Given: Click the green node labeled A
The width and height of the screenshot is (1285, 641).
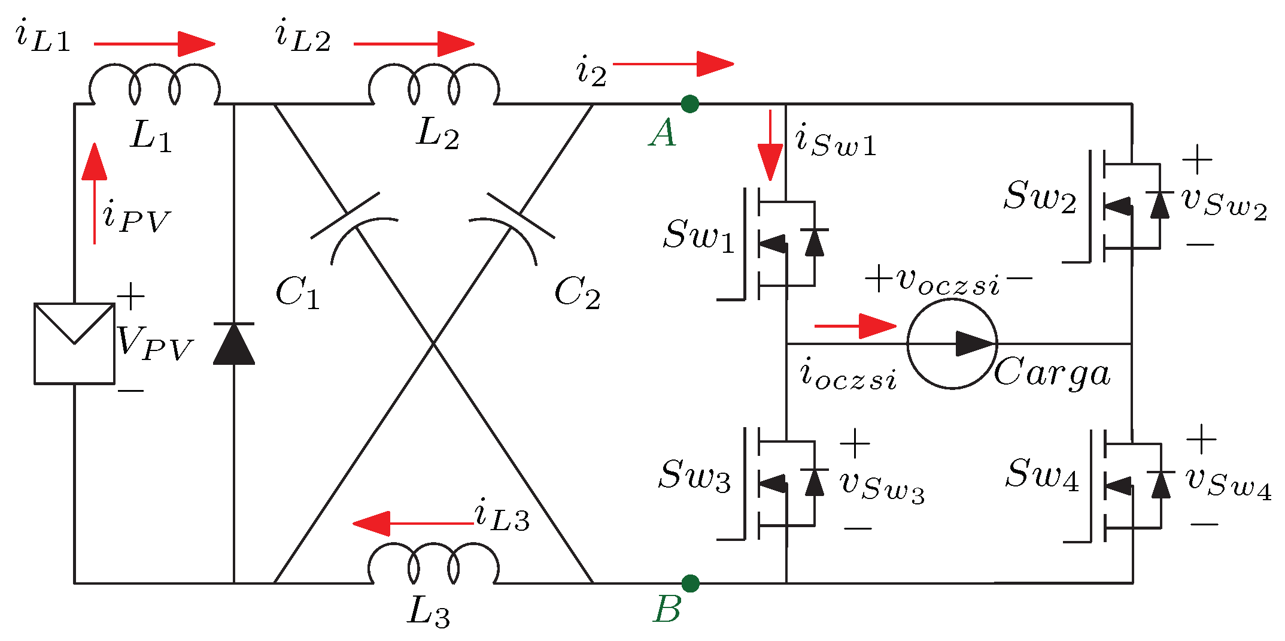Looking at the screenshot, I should (x=689, y=104).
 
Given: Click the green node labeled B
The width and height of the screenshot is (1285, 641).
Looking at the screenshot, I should (x=690, y=583).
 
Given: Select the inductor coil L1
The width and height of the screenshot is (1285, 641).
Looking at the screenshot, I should (x=154, y=87).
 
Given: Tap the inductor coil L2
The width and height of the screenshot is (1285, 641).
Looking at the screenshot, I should (x=433, y=87).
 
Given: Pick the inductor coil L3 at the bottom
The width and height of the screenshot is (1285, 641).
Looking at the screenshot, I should (x=433, y=565).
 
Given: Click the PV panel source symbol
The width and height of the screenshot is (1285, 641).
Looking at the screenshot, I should (x=74, y=343).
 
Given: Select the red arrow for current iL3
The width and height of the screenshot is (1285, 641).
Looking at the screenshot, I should (x=413, y=524).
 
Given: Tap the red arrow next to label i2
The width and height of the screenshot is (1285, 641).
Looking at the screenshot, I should (x=673, y=64).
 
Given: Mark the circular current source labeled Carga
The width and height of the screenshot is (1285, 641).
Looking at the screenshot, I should (x=952, y=343).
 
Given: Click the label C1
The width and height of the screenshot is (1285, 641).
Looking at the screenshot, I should (x=297, y=293).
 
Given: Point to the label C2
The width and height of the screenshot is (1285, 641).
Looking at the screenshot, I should (x=577, y=293).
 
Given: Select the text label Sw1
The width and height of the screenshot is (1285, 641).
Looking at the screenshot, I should (x=698, y=235).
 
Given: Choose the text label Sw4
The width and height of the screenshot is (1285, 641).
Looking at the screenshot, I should (x=1042, y=474).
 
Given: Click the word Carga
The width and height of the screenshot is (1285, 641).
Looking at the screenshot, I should (x=1052, y=373).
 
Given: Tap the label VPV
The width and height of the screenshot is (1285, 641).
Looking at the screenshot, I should (x=154, y=343).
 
